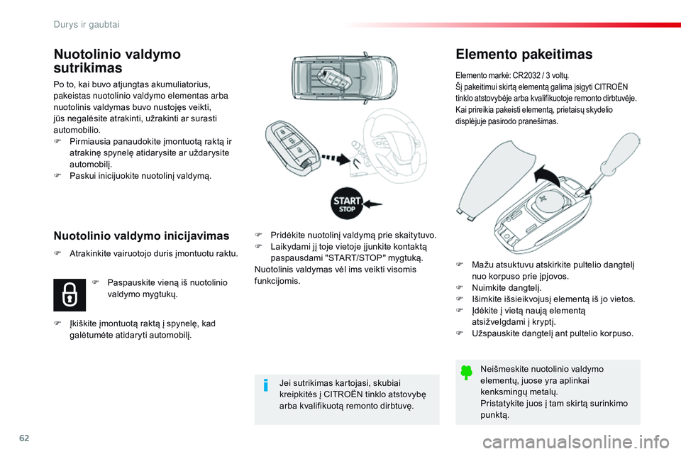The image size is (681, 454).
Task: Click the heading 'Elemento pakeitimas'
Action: coord(524,54)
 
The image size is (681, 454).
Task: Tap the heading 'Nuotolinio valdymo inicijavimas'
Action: coord(142,235)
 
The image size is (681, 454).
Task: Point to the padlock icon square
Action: coord(70,294)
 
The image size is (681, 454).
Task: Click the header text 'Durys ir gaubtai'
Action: coord(87,24)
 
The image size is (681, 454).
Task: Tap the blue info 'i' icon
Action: coord(265,385)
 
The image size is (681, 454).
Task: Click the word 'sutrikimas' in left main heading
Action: coord(88,69)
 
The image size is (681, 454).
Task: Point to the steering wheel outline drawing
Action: coord(397,138)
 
